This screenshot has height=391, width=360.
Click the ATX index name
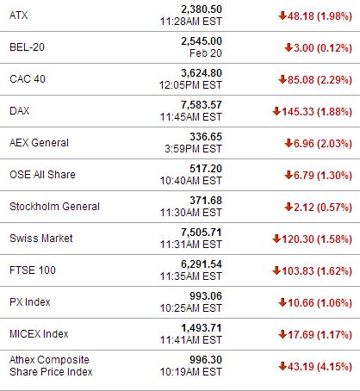pos(19,16)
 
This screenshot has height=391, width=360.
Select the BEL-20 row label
pos(27,47)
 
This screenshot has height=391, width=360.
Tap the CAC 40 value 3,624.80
pos(202,73)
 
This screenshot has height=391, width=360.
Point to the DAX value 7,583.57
pos(202,105)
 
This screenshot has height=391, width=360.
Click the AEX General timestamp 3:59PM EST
pos(193,149)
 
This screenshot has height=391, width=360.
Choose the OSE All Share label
pos(42,175)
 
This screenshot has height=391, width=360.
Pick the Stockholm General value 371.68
pos(206,201)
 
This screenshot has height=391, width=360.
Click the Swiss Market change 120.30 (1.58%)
pos(317,239)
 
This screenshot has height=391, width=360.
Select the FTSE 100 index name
pos(33,270)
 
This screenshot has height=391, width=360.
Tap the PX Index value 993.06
pos(206,296)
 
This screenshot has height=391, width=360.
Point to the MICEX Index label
pos(39,334)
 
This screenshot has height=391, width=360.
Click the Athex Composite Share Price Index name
pos(51,366)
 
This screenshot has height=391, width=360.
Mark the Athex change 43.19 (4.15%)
pos(320,366)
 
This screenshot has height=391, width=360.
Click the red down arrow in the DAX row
pos(276,111)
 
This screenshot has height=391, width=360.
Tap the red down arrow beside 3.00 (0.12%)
pos(289,47)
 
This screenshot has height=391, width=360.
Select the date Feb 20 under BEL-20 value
pos(206,53)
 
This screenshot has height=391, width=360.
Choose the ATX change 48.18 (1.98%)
pos(320,16)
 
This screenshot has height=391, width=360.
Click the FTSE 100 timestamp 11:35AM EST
pos(191,276)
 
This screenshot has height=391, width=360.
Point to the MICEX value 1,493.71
pos(202,328)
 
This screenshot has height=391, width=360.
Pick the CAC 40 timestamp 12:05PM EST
pos(191,85)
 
